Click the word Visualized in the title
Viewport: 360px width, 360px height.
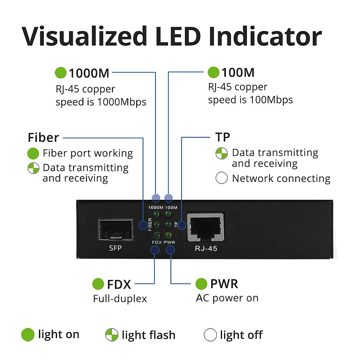84,37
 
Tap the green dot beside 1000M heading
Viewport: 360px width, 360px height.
61,73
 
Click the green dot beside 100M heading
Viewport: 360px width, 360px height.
213,72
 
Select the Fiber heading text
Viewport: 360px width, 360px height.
43,138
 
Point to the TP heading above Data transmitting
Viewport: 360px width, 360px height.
223,137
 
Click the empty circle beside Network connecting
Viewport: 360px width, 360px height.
221,178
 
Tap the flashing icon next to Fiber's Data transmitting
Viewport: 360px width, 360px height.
33,168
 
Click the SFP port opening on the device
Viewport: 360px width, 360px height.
115,229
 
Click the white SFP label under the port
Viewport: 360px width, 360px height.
115,248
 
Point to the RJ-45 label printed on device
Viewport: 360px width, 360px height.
206,248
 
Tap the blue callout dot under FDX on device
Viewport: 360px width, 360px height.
155,250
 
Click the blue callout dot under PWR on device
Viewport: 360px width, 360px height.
170,250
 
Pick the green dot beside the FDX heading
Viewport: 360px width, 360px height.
98,284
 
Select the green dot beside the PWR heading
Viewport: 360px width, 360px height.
201,284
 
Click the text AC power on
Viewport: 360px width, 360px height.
227,298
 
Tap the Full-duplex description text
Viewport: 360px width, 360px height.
120,299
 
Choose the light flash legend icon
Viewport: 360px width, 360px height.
112,335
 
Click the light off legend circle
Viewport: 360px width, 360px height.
210,335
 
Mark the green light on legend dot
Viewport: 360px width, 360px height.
28,335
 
